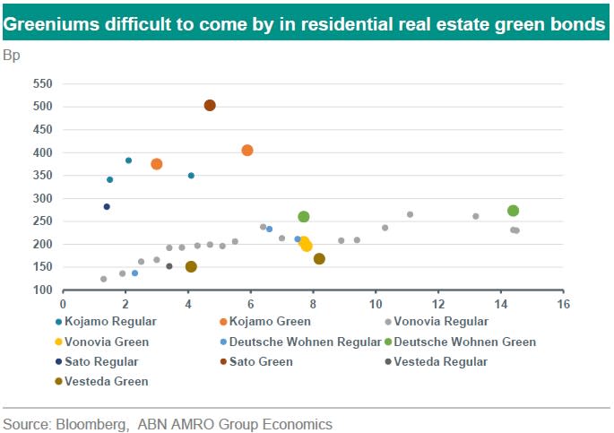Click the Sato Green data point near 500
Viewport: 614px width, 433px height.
(210, 106)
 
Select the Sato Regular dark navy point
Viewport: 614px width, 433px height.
(107, 207)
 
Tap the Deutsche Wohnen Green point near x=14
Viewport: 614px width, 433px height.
(513, 211)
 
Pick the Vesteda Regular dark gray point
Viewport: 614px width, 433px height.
(169, 266)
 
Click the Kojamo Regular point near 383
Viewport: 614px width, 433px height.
(128, 160)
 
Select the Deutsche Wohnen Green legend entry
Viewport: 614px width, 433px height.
(464, 342)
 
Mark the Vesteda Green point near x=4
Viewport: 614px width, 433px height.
(191, 266)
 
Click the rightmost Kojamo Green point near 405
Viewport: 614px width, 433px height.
(247, 151)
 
